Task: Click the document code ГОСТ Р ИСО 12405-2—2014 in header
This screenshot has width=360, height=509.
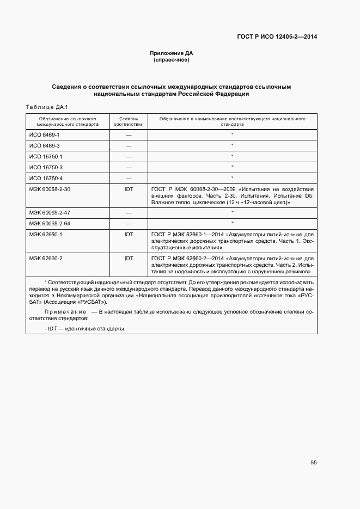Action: coord(277,36)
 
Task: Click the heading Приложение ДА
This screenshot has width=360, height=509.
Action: coord(172,53)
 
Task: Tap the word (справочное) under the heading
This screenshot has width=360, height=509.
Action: coord(172,60)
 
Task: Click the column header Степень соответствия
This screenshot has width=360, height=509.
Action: coord(129,121)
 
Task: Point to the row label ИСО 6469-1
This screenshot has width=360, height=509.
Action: coord(45,134)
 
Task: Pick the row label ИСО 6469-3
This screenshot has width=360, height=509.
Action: coord(45,145)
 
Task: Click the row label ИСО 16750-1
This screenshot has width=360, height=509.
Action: coord(46,156)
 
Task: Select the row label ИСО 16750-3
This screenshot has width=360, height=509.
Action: coord(46,167)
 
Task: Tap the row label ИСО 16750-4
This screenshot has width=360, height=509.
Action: coord(46,178)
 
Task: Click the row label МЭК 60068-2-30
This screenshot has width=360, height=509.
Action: coord(50,189)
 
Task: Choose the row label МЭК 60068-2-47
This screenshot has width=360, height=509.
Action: coord(50,212)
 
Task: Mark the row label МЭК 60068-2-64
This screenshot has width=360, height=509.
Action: coord(50,223)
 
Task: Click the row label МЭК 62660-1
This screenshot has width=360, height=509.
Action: coord(46,234)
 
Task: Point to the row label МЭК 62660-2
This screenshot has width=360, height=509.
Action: coord(46,257)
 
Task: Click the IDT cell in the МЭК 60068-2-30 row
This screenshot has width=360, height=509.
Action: coord(129,189)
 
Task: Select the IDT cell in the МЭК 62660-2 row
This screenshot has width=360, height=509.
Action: coord(129,257)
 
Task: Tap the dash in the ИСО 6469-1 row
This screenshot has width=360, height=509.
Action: coord(129,134)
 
